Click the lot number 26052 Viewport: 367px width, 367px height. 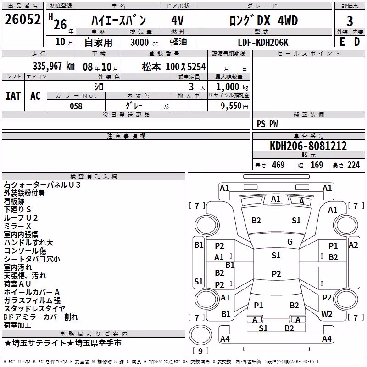click(22, 19)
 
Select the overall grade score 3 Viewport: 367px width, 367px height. click(350, 21)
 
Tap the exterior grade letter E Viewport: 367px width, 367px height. click(342, 42)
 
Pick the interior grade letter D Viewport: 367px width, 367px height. click(357, 42)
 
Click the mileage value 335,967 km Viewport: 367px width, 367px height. click(54, 66)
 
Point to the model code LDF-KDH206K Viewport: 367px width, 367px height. click(263, 42)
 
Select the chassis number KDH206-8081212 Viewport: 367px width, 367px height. click(308, 146)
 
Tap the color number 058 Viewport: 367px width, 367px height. click(76, 106)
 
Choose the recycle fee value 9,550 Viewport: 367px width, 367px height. click(231, 106)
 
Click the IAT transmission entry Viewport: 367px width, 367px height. click(13, 96)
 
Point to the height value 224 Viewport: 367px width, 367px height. click(353, 165)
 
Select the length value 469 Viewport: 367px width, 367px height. click(278, 165)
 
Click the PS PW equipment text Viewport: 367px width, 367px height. click(267, 124)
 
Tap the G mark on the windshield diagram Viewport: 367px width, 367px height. click(290, 242)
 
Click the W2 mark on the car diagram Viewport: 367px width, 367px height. click(327, 314)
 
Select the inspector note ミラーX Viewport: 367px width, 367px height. click(17, 226)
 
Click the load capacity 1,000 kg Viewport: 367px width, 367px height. click(232, 87)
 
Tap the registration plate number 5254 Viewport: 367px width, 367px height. click(196, 67)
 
